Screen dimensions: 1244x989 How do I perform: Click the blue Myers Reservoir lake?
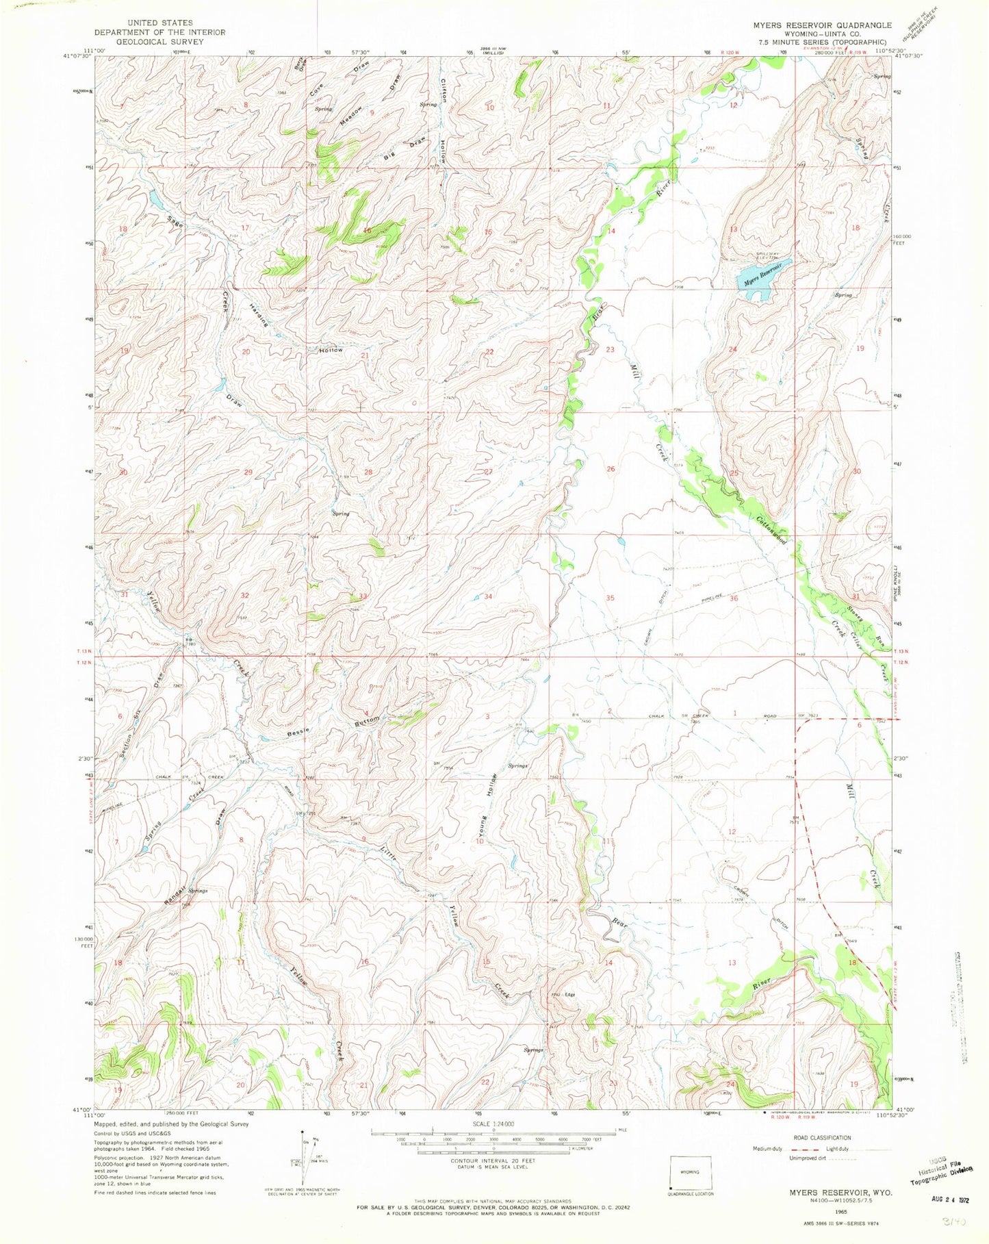point(762,278)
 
